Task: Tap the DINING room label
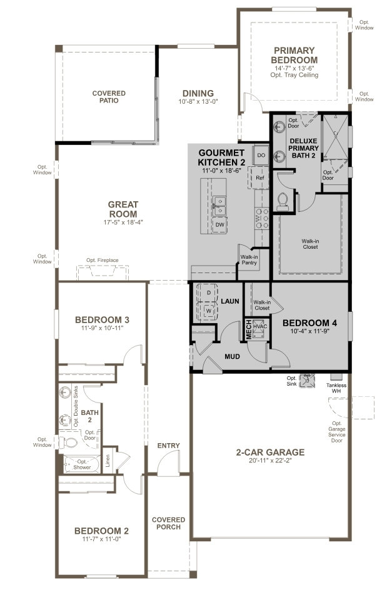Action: tap(198, 93)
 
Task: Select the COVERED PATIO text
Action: tap(109, 97)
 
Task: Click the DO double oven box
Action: tap(261, 154)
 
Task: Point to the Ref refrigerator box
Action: tap(261, 178)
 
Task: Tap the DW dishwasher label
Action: tap(219, 224)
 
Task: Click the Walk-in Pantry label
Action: tap(249, 259)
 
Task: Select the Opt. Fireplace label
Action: tap(103, 261)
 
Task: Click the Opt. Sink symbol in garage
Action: tap(307, 381)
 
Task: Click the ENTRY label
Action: tap(169, 446)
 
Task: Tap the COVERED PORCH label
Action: tap(169, 523)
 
